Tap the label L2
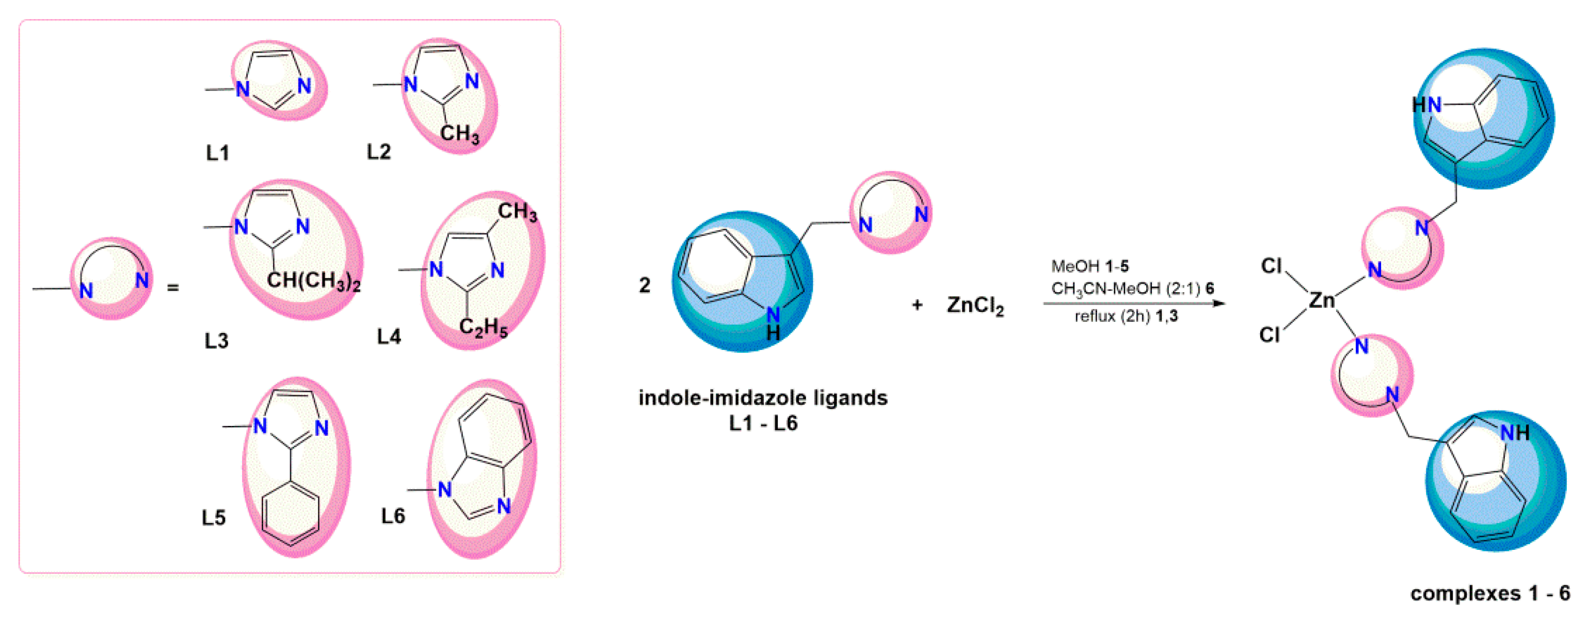point(378,151)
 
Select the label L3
point(216,341)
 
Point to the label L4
point(389,336)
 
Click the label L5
point(214,517)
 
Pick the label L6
point(393,515)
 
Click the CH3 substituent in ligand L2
point(460,133)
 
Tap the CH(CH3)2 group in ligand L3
point(313,281)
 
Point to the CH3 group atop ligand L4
point(517,212)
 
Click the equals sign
point(173,288)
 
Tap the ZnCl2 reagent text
point(975,306)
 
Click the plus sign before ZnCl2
point(917,305)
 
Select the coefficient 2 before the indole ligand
point(644,285)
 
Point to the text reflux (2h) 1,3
point(1126,316)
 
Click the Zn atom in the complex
point(1321,300)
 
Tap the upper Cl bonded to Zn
point(1271,266)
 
